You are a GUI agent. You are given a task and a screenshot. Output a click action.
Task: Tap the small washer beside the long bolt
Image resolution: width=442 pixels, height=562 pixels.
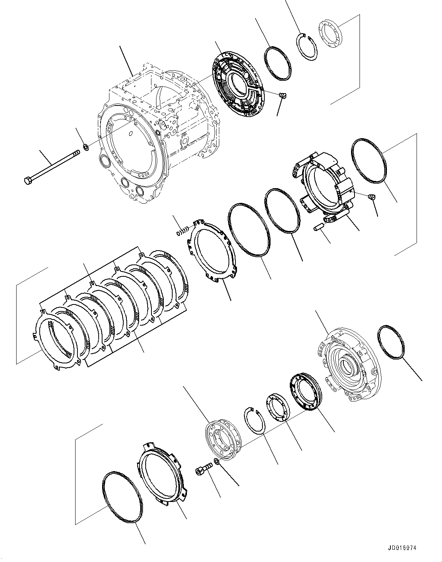(x=86, y=146)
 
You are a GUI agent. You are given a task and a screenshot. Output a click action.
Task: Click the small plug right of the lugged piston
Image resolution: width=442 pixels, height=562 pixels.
(x=372, y=197)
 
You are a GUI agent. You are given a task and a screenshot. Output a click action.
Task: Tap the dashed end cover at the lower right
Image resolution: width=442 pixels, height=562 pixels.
(x=347, y=370)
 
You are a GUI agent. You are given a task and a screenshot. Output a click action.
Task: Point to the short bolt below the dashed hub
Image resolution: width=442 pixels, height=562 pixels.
(x=203, y=469)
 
